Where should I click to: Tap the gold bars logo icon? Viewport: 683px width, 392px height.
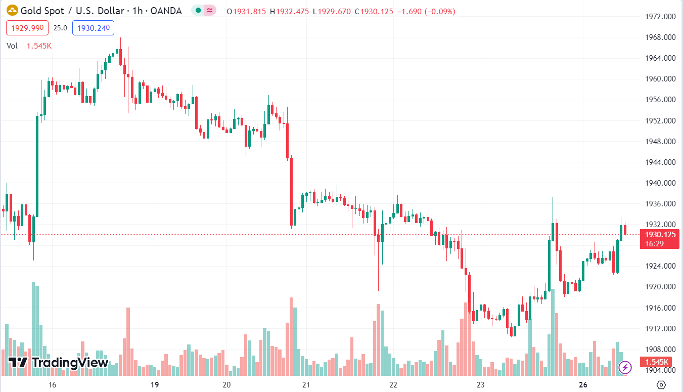(11, 11)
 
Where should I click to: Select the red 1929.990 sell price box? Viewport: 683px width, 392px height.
(27, 28)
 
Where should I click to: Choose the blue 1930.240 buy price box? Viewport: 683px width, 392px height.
(93, 28)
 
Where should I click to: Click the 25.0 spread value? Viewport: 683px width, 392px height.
(60, 28)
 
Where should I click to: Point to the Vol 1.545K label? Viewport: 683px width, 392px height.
(29, 46)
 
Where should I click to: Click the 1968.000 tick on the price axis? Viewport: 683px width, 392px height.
(661, 37)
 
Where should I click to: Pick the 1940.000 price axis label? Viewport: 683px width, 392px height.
(661, 183)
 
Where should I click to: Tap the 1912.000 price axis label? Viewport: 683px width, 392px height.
(661, 329)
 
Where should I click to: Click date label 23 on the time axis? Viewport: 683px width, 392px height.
(480, 385)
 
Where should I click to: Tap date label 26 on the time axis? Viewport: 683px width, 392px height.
(583, 385)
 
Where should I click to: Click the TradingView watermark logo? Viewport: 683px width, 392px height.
(59, 362)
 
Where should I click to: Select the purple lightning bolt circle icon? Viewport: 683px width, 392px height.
(625, 367)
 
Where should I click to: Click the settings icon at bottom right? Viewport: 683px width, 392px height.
(661, 384)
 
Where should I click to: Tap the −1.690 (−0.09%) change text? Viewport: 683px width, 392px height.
(426, 11)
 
